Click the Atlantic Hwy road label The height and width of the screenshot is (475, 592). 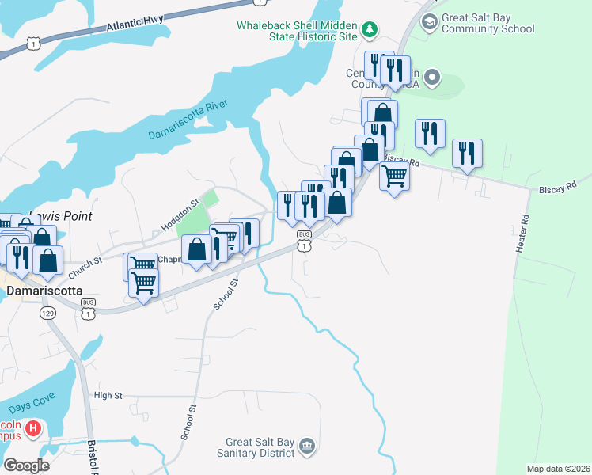(143, 23)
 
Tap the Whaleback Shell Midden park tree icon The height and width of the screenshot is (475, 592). (369, 30)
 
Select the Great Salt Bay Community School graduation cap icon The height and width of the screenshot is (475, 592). (430, 21)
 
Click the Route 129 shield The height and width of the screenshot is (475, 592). (47, 313)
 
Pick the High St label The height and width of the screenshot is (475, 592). (108, 395)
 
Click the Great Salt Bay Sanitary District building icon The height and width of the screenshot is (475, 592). (307, 447)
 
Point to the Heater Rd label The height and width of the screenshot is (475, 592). (522, 234)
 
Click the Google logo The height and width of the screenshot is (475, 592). (26, 465)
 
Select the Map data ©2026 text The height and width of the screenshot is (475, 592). (557, 469)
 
